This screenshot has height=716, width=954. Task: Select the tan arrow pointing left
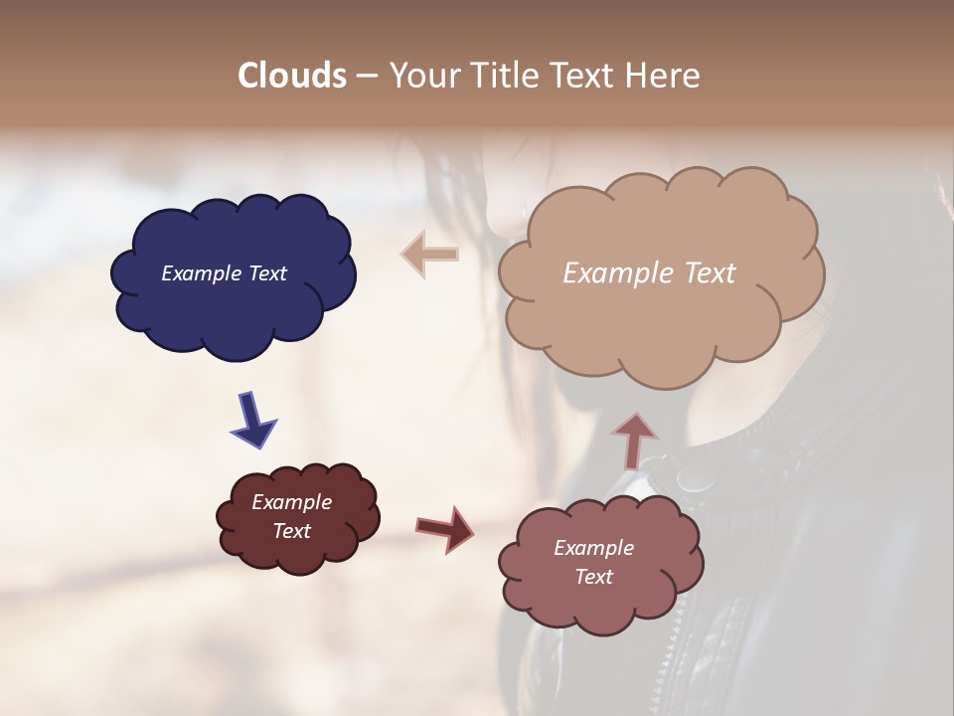[x=429, y=255]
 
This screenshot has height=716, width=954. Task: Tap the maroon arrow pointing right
[x=446, y=528]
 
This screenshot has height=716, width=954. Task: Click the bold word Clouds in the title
[x=291, y=76]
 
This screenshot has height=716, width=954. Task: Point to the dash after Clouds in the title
[x=367, y=76]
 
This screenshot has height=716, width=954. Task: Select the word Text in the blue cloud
[x=266, y=273]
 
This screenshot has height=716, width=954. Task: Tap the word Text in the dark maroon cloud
[x=292, y=531]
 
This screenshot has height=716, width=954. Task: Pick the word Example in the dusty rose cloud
[x=593, y=548]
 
